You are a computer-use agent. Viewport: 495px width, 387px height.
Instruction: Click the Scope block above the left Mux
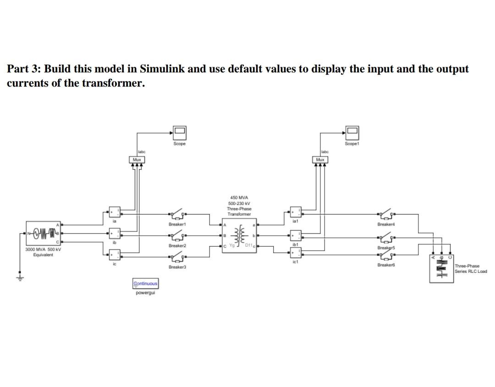[179, 133]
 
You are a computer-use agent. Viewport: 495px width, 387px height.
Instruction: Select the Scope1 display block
[352, 133]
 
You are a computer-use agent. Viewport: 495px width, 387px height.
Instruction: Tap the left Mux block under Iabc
[137, 160]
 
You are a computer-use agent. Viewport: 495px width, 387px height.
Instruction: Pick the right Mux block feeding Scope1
[320, 160]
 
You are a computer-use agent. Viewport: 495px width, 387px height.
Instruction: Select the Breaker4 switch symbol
[386, 214]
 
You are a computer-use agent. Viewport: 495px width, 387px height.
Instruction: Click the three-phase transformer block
[239, 236]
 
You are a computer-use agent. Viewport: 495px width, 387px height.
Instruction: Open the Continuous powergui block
[145, 283]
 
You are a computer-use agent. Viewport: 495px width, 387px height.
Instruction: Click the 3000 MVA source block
[44, 233]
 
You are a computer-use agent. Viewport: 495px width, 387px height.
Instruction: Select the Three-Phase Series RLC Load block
[442, 268]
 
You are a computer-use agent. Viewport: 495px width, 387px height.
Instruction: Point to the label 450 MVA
[239, 198]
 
